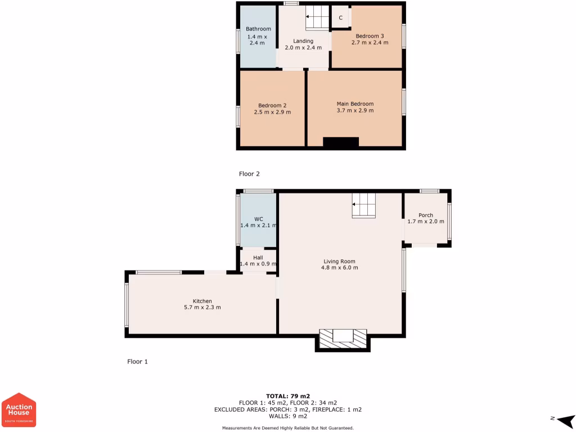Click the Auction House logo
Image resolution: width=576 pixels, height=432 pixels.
tap(20, 409)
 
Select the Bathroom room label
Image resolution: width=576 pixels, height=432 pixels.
tap(258, 29)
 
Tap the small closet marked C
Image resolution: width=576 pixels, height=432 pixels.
tap(340, 17)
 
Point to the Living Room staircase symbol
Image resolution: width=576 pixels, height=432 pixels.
tap(363, 205)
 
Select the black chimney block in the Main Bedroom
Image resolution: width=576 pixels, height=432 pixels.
tap(341, 143)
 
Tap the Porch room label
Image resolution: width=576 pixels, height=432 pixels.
tap(426, 215)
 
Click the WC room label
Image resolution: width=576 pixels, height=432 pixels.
tap(259, 219)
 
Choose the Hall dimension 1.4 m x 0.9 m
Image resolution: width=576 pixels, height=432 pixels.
tap(258, 264)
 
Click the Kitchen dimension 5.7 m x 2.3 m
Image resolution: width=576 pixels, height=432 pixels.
tap(202, 307)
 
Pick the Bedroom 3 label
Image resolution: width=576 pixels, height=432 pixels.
tap(370, 36)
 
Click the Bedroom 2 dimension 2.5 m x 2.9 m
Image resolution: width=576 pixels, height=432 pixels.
tap(273, 112)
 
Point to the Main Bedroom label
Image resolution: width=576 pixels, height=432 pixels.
tap(355, 103)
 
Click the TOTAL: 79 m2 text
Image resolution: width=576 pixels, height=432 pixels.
tap(288, 395)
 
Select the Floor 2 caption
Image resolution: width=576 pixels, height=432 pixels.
tap(249, 174)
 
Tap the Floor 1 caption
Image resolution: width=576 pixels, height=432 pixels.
tap(137, 362)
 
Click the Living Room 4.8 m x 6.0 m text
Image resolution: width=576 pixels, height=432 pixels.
tap(340, 268)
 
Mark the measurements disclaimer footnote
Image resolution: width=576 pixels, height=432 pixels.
tap(288, 428)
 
